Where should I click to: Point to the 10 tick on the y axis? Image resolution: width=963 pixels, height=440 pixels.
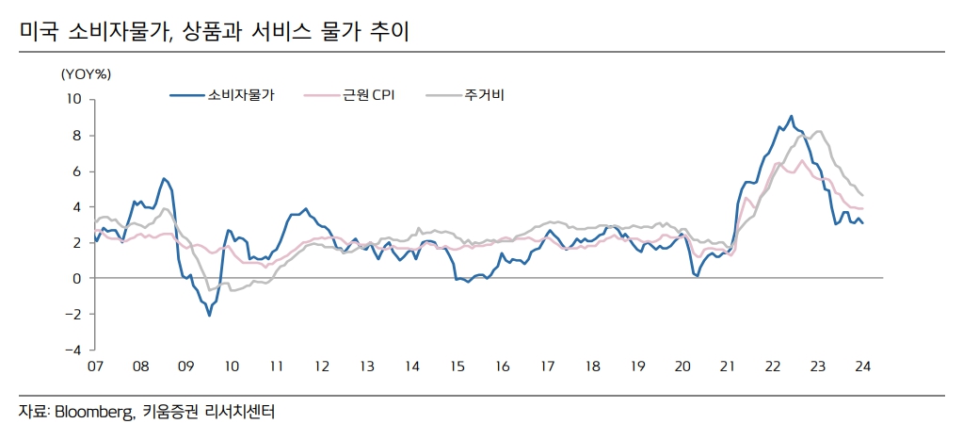click(x=75, y=100)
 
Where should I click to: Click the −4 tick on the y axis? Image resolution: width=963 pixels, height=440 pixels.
click(x=72, y=350)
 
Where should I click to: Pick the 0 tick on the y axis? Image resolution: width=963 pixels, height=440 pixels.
click(x=79, y=278)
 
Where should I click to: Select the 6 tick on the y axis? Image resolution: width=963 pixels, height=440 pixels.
click(x=79, y=171)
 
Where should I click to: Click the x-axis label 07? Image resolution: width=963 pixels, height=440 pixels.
click(x=95, y=367)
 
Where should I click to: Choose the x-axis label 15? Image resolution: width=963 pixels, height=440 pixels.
click(x=457, y=367)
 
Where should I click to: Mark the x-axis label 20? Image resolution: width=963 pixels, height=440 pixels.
click(x=682, y=367)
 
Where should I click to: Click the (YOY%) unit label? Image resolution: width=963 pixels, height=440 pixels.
click(x=86, y=73)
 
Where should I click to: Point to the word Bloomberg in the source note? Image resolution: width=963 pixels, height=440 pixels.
click(x=95, y=412)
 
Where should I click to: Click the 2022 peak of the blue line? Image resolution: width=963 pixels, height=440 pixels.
click(x=791, y=116)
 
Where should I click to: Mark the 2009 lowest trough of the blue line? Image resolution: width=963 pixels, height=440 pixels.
click(x=209, y=316)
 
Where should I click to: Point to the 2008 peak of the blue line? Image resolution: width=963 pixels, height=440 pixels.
click(x=164, y=178)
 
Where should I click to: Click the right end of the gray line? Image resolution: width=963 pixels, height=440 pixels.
click(x=863, y=195)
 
